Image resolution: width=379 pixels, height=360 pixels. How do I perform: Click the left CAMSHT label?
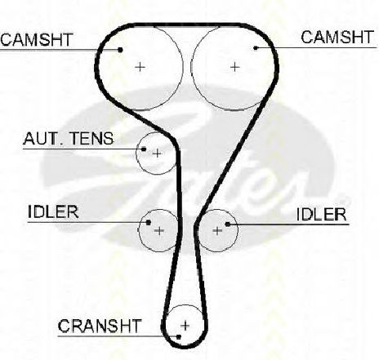coord(37,39)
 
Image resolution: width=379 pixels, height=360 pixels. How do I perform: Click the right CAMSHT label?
coord(337,38)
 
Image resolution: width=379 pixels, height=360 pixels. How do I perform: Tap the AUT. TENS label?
coord(69,139)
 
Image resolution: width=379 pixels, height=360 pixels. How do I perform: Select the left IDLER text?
coord(53,211)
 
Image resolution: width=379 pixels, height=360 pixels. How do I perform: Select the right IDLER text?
coord(321,215)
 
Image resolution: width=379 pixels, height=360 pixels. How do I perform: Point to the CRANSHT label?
coord(100,326)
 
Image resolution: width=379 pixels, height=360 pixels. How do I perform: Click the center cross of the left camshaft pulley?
coord(140,67)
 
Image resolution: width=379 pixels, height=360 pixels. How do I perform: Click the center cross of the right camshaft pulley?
coord(234,67)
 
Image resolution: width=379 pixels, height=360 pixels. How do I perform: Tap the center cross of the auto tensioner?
coord(157,153)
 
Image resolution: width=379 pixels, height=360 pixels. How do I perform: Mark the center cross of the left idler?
coord(159,231)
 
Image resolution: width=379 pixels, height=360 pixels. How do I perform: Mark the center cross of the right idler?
coord(217,231)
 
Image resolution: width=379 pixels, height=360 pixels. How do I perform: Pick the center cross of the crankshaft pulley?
coord(185,326)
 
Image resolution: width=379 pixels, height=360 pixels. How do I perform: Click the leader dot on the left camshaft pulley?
coord(120,50)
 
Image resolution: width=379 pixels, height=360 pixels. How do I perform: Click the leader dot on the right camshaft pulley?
coord(256,48)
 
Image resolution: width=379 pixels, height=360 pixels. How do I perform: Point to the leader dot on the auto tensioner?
coord(144,149)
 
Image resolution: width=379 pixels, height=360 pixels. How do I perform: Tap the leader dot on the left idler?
coord(149,223)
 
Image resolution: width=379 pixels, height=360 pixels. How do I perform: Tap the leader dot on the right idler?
coord(228,224)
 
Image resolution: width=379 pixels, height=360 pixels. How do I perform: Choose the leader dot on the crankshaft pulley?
coord(179,337)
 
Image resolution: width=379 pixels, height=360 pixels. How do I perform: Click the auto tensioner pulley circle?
coord(136,153)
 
